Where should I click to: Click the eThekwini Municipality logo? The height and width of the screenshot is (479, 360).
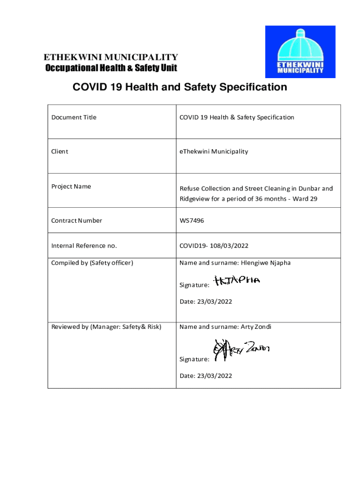300,51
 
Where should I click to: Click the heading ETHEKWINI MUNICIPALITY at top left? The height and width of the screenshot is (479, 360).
110,58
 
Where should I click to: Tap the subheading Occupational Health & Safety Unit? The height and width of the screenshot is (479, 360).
111,68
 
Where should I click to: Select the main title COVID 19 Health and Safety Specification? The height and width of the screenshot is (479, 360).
179,87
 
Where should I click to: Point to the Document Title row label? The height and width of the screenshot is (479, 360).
74,117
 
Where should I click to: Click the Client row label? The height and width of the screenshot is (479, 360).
60,152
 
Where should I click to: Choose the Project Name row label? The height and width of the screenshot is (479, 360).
71,187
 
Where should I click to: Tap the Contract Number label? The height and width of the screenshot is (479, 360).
77,221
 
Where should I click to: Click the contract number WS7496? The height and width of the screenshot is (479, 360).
192,221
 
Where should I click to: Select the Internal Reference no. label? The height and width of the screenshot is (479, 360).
84,246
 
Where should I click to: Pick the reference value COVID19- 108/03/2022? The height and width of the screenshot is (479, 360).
214,246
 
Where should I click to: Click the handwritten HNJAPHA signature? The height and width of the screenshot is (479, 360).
237,281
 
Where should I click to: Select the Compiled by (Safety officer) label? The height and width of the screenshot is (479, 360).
92,263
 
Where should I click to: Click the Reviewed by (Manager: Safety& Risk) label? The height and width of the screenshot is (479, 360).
106,327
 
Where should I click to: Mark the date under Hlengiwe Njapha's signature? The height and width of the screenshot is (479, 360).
206,302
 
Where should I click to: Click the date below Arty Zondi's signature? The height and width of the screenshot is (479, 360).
206,376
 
